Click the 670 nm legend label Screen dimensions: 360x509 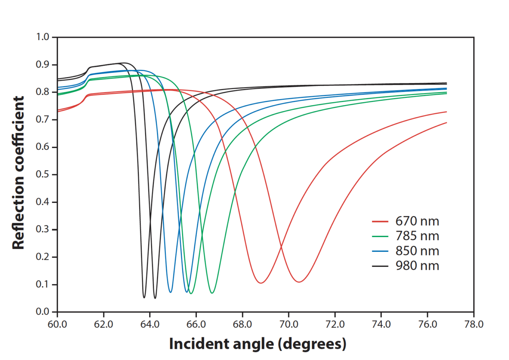click(417, 221)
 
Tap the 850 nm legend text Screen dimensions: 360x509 click(417, 251)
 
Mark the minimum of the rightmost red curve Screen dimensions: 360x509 click(299, 282)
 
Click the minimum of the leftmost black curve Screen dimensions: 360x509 click(144, 297)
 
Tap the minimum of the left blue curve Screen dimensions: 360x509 click(170, 292)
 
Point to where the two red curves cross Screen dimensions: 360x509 click(281, 247)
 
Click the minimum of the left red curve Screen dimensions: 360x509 click(260, 283)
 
